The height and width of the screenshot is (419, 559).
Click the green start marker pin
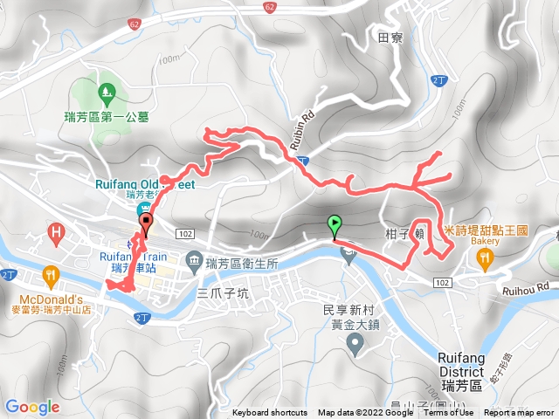334,224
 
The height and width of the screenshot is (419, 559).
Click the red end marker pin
146,223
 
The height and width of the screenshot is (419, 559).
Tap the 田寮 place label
390,38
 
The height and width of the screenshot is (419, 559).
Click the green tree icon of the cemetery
105,90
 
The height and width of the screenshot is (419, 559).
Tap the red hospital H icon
57,234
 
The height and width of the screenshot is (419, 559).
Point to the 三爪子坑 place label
224,293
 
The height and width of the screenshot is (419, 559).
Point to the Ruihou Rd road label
529,285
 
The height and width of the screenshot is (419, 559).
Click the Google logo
32,407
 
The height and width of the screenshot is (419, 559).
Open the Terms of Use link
449,413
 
